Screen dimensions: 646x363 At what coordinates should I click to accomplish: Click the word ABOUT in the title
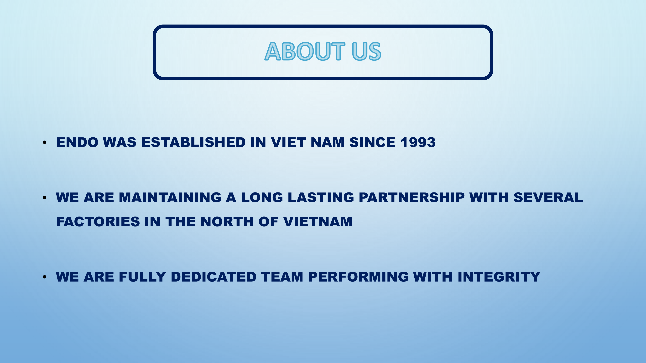pos(305,51)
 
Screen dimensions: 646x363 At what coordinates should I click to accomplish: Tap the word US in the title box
pos(366,51)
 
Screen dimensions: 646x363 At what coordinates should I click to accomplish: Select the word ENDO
pos(77,142)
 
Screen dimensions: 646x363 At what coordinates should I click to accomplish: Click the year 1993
pos(418,142)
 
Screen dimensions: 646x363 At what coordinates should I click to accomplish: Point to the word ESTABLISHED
pos(193,142)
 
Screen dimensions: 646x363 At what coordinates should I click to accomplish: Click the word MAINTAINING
pos(170,197)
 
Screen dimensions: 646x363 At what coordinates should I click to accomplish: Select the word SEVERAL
pos(548,197)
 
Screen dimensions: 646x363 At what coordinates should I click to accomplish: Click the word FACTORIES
pos(98,222)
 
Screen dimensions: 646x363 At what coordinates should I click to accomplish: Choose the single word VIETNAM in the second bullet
pos(318,222)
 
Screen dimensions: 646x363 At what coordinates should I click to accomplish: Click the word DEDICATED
pos(213,277)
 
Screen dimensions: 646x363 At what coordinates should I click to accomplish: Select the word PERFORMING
pos(358,277)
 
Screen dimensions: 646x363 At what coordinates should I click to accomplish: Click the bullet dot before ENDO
pos(45,143)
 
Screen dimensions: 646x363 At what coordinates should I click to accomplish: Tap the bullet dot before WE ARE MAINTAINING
pos(45,198)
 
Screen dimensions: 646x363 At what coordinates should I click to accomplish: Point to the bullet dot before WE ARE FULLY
pos(45,277)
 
